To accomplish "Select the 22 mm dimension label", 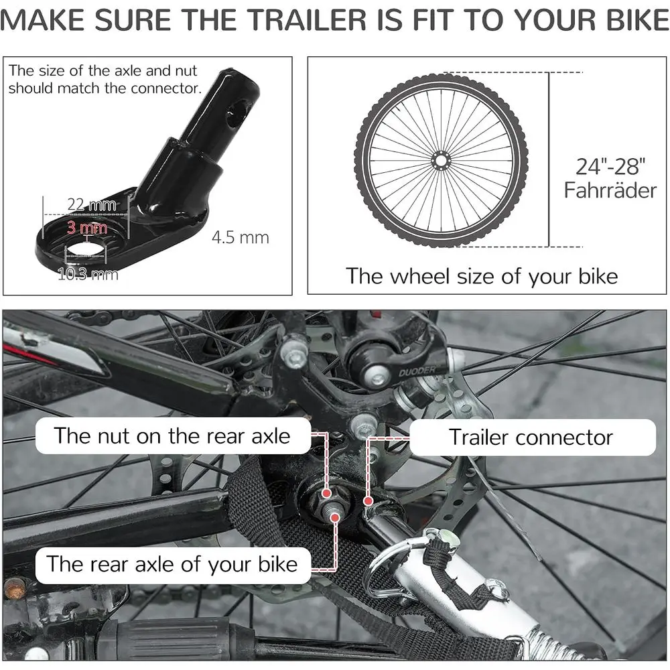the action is (91, 204).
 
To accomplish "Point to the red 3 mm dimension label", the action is (86, 227).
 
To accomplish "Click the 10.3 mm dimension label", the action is (88, 274).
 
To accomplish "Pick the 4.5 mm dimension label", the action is (240, 237).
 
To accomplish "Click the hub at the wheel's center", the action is (441, 161).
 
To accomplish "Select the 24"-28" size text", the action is (610, 167).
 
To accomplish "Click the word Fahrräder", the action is (610, 190).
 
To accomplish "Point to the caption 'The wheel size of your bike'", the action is (482, 276).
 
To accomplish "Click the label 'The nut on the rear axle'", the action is (172, 436).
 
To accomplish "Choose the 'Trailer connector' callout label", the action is (531, 437).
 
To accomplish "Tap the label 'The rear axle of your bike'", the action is (172, 564).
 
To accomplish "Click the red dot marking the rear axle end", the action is (336, 518).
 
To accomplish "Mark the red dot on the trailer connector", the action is (368, 500).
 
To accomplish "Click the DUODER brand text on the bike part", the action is (417, 371).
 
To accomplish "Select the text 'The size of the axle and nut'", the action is (103, 70).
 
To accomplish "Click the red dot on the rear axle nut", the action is (327, 494).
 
